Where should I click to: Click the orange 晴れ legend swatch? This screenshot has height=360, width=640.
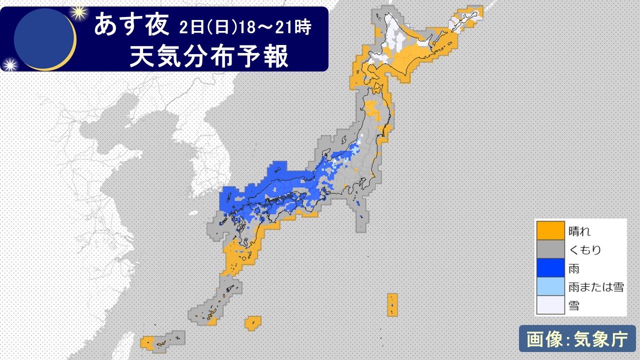550,231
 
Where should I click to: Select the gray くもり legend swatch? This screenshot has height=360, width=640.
550,249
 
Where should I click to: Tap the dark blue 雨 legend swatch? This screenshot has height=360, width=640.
550,268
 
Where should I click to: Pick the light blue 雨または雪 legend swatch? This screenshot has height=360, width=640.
550,286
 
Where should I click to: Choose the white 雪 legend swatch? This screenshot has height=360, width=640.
550,305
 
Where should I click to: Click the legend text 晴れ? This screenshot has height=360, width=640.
579,231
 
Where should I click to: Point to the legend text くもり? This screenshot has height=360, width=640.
585,250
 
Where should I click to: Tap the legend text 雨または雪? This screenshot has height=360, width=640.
596,287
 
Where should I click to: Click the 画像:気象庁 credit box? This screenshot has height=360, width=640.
577,339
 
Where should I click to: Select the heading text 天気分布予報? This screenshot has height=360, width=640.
209,55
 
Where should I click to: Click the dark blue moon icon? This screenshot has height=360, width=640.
44,38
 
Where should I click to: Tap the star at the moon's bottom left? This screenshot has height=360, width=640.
9,64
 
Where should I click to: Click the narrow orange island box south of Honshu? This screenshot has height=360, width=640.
392,304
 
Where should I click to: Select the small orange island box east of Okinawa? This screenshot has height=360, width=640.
253,323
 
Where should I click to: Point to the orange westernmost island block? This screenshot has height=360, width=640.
147,342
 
